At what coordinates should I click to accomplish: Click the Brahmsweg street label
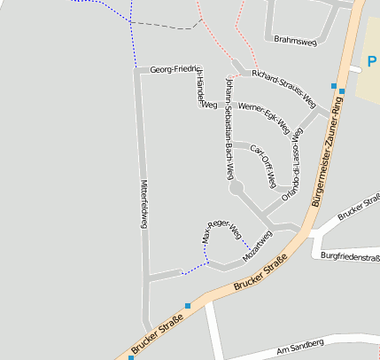(x=295, y=40)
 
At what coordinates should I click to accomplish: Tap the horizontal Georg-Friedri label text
(x=172, y=68)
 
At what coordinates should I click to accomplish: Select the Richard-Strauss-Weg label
(x=283, y=89)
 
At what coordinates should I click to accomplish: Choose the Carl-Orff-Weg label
(x=264, y=164)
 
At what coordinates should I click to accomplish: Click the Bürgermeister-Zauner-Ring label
(x=327, y=153)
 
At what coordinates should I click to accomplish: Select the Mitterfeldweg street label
(x=143, y=204)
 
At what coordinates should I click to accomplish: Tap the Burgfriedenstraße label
(x=351, y=256)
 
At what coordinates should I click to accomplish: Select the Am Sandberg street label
(x=300, y=344)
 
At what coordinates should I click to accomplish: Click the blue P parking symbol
(x=370, y=62)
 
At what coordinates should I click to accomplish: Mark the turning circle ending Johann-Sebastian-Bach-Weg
(x=237, y=189)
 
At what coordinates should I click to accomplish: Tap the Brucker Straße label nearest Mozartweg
(x=262, y=274)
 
